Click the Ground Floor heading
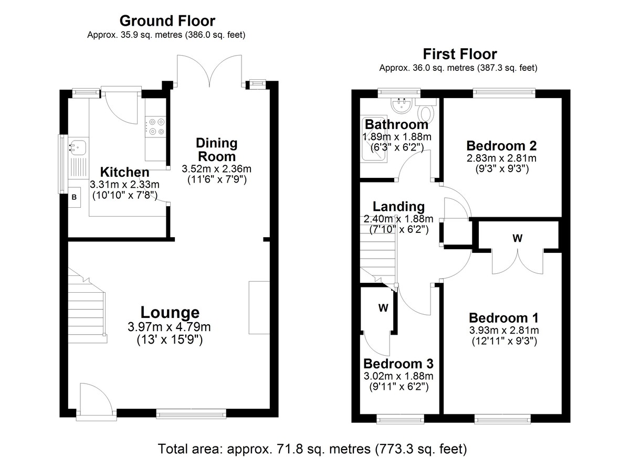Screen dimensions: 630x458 [x=167, y=21]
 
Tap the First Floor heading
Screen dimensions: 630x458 [x=460, y=54]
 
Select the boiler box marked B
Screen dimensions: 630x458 [x=74, y=197]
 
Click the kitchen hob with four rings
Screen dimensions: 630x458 [x=155, y=127]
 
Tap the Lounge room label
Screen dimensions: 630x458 [x=170, y=312]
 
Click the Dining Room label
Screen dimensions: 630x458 [x=216, y=150]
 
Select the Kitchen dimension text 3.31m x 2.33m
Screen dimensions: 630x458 [x=124, y=185]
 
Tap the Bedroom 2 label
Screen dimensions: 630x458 [x=501, y=145]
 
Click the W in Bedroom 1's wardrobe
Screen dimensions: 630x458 [x=518, y=238]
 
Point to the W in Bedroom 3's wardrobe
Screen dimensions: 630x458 [x=383, y=308]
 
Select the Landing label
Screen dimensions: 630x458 [x=398, y=207]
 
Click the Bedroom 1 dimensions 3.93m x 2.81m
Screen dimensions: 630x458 [x=504, y=330]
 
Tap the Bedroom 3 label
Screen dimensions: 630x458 [x=398, y=364]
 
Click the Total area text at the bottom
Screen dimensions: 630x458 [x=312, y=449]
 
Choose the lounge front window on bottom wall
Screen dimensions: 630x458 [x=191, y=414]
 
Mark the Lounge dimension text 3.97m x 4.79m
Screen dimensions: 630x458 [x=169, y=327]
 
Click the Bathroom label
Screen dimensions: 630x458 [x=396, y=124]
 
